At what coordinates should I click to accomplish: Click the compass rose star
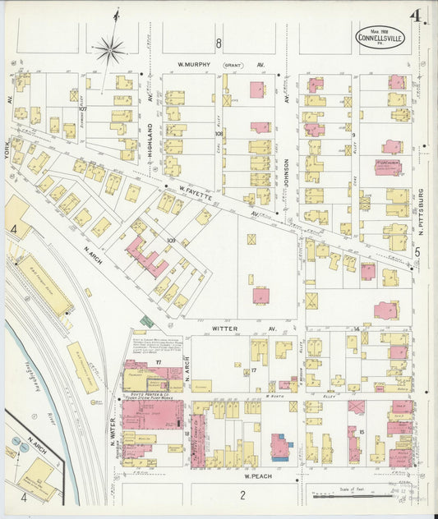[109, 49]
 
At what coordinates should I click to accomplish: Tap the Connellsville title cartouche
[381, 36]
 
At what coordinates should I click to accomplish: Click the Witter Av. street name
[226, 328]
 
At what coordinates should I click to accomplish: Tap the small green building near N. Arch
[146, 321]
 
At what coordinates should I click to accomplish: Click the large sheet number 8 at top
[219, 43]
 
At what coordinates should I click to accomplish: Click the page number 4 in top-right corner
[417, 16]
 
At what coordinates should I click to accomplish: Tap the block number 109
[171, 241]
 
